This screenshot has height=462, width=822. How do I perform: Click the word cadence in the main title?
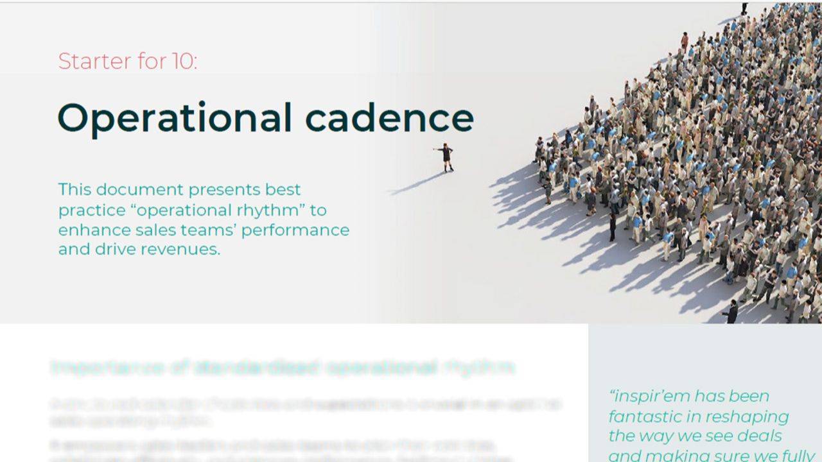(x=389, y=118)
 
